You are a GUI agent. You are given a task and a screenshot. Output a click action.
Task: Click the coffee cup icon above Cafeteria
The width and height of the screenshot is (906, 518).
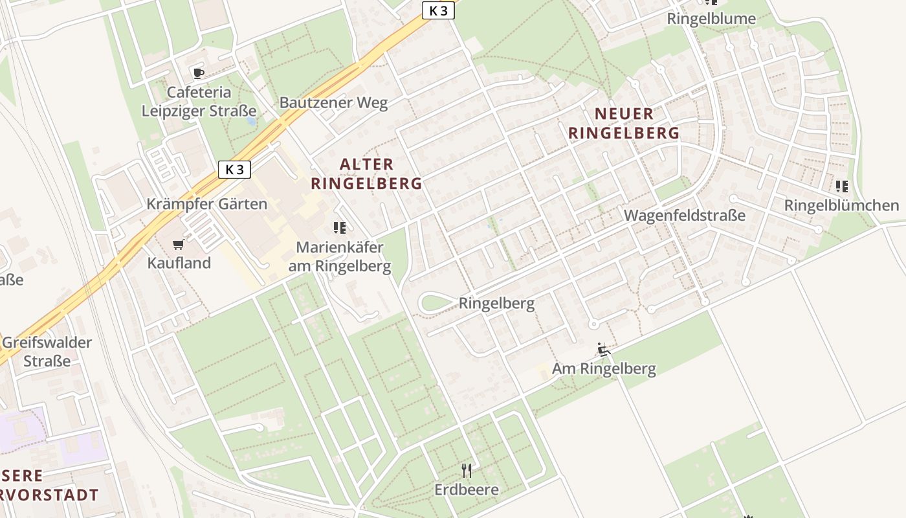[x=198, y=73]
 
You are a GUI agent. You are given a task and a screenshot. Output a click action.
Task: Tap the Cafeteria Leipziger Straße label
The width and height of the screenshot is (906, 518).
[x=199, y=102]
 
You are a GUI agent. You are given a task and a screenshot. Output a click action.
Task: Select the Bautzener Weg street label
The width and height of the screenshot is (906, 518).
[x=333, y=102]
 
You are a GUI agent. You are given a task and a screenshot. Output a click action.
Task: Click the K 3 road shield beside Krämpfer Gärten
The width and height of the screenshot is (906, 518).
[x=234, y=170]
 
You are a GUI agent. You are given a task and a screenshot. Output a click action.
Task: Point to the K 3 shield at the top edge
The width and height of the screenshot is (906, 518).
[x=438, y=10]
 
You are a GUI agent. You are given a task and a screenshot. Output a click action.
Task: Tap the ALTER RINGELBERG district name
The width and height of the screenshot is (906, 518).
[x=366, y=174]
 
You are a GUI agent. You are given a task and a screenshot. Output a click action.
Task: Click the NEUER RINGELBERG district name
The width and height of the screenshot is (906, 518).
[x=624, y=124]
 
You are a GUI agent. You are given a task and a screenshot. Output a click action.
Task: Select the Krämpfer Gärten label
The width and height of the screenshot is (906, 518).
[x=206, y=204]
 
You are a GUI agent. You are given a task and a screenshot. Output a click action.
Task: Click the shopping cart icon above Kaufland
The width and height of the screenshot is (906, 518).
[x=179, y=244]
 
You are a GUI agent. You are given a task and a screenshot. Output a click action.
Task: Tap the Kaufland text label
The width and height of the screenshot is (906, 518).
[x=179, y=263]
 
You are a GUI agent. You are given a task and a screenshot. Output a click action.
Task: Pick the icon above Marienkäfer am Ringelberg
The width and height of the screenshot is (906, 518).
[x=339, y=227]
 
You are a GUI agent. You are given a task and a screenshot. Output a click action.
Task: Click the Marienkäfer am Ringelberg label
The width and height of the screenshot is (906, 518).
[x=343, y=257]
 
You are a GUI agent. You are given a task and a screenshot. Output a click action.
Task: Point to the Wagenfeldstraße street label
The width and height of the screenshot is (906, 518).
[x=685, y=215]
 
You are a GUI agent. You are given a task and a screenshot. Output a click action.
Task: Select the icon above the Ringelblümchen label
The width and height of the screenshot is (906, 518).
[x=841, y=186]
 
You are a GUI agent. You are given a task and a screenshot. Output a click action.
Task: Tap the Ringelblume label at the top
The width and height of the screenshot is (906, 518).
[x=711, y=19]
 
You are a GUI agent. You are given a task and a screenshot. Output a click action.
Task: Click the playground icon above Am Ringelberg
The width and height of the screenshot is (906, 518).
[x=603, y=350]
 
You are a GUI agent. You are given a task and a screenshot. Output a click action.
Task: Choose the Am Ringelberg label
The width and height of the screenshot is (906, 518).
[x=604, y=369]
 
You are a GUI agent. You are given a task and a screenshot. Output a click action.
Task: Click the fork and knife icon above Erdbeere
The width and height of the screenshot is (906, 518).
[x=466, y=470]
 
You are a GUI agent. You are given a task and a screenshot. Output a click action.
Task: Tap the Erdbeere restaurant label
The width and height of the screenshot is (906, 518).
[x=467, y=490]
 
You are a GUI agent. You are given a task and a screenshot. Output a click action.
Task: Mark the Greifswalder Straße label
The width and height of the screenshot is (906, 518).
[x=47, y=352]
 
